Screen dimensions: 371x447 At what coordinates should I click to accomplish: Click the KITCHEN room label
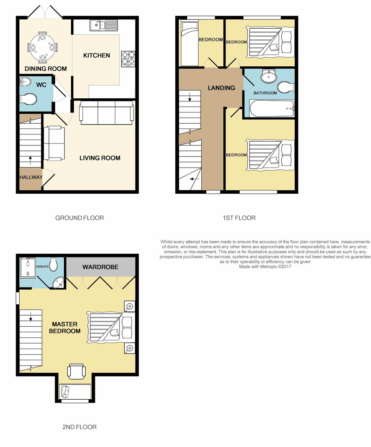click(96, 56)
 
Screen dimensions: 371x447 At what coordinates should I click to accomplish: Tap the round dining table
click(42, 47)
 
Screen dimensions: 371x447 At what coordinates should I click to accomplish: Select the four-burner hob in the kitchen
click(128, 58)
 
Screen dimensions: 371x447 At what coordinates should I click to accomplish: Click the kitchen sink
click(104, 25)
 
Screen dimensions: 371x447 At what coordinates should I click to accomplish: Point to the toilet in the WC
click(28, 99)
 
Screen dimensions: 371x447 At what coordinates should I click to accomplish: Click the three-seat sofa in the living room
click(106, 112)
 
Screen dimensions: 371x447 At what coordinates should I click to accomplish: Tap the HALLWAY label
click(31, 177)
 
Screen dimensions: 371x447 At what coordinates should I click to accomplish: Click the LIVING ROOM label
click(100, 158)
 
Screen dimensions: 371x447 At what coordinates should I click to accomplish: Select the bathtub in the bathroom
click(272, 108)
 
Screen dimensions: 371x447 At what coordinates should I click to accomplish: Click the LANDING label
click(221, 88)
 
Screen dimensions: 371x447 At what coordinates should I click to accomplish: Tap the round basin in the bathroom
click(269, 76)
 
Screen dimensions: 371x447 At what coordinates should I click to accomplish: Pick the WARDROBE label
click(100, 267)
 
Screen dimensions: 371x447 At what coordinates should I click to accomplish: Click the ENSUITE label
click(42, 267)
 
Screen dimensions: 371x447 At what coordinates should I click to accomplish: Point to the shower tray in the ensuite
click(28, 268)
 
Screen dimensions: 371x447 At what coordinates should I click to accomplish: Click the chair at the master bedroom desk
click(76, 371)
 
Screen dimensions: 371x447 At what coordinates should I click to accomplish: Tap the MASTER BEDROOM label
click(65, 327)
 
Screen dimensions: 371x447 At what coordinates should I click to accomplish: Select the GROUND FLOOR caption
click(80, 218)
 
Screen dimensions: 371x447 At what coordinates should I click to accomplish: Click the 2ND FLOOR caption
click(80, 427)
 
